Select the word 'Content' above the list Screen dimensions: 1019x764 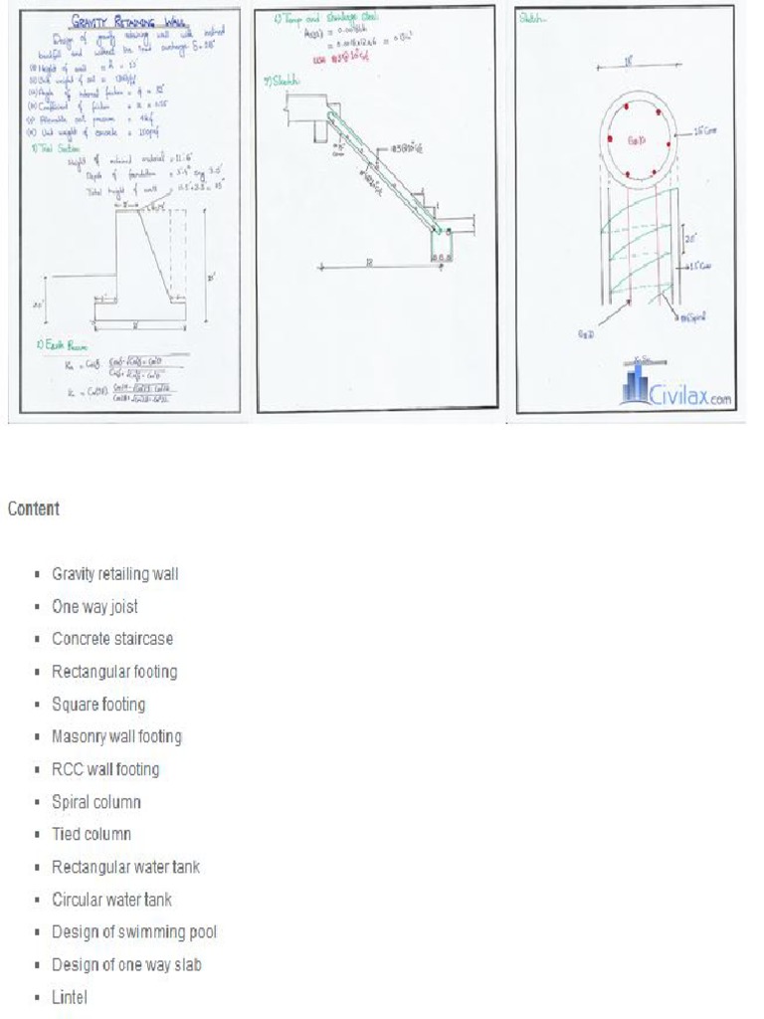pyautogui.click(x=34, y=509)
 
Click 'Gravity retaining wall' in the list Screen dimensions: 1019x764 pyautogui.click(x=115, y=574)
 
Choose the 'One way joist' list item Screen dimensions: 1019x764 pyautogui.click(x=95, y=607)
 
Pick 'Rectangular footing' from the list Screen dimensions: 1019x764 pyautogui.click(x=114, y=672)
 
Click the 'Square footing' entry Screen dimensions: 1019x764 pyautogui.click(x=98, y=705)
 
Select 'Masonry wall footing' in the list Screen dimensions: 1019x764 pyautogui.click(x=116, y=737)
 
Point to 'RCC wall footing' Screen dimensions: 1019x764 pyautogui.click(x=105, y=769)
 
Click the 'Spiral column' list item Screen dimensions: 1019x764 pyautogui.click(x=96, y=802)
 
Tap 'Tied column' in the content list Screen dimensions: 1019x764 pyautogui.click(x=92, y=834)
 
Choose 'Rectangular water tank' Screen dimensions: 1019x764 pyautogui.click(x=125, y=867)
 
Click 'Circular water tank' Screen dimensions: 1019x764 pyautogui.click(x=111, y=900)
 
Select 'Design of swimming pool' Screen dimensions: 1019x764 pyautogui.click(x=134, y=932)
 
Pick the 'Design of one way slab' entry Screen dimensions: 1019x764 pyautogui.click(x=126, y=965)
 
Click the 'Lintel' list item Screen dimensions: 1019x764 pyautogui.click(x=70, y=997)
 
